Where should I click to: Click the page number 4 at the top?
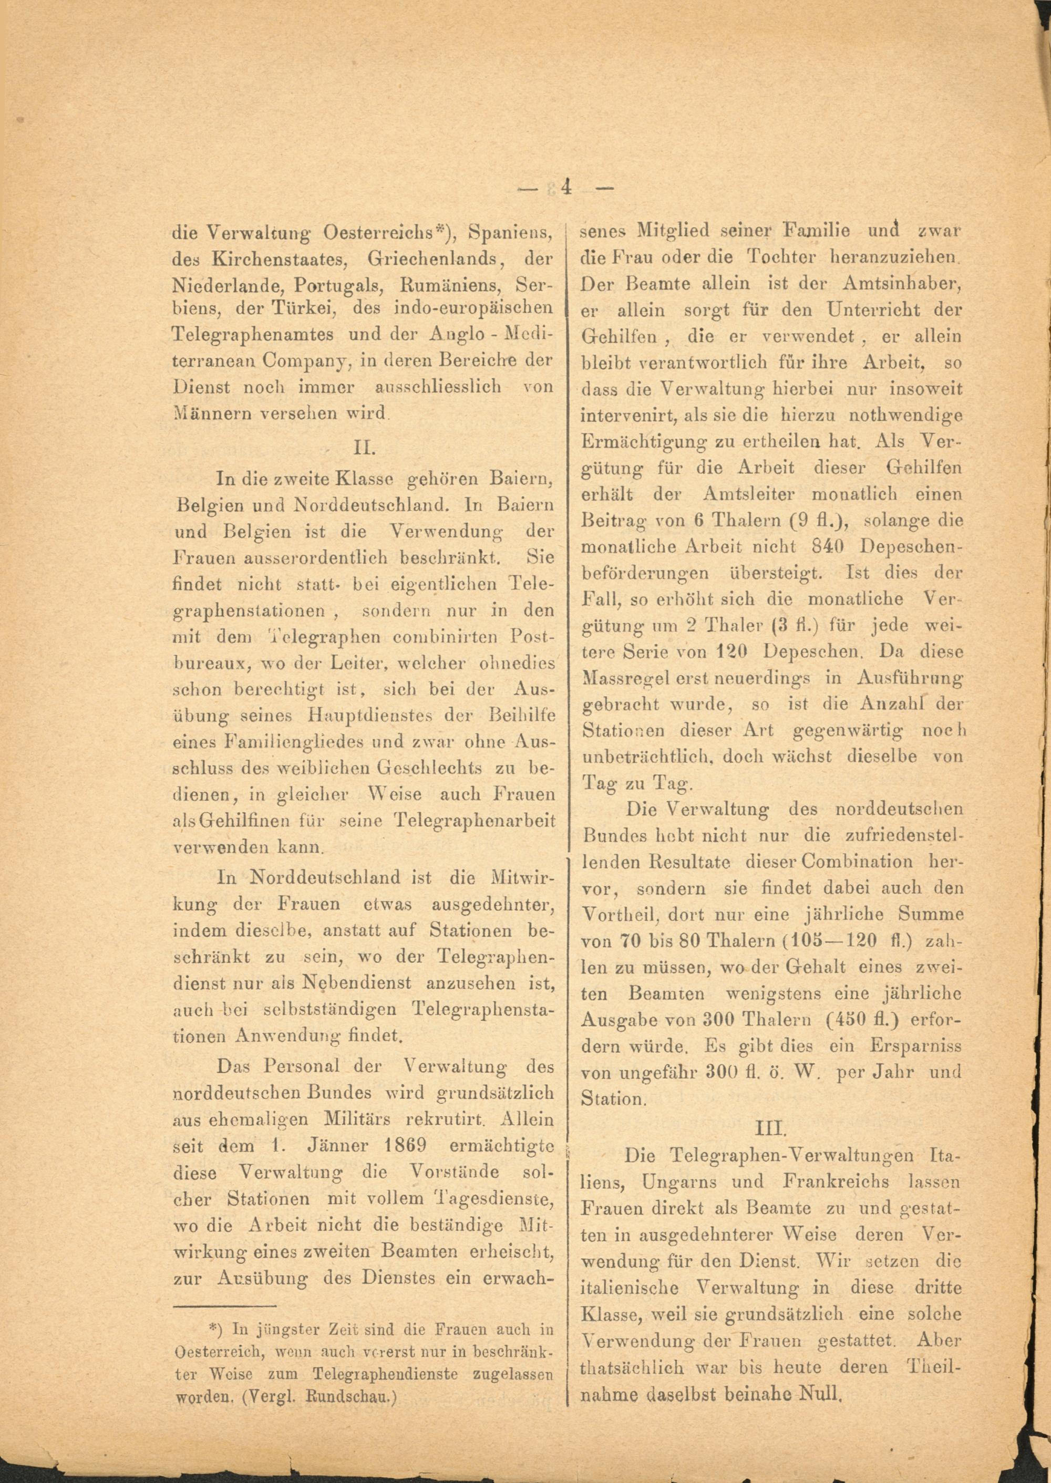[x=567, y=188]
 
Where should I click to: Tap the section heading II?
[x=364, y=448]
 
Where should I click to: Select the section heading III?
[x=771, y=1128]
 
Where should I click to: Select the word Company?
[x=310, y=361]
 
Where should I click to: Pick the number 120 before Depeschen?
[x=736, y=651]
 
